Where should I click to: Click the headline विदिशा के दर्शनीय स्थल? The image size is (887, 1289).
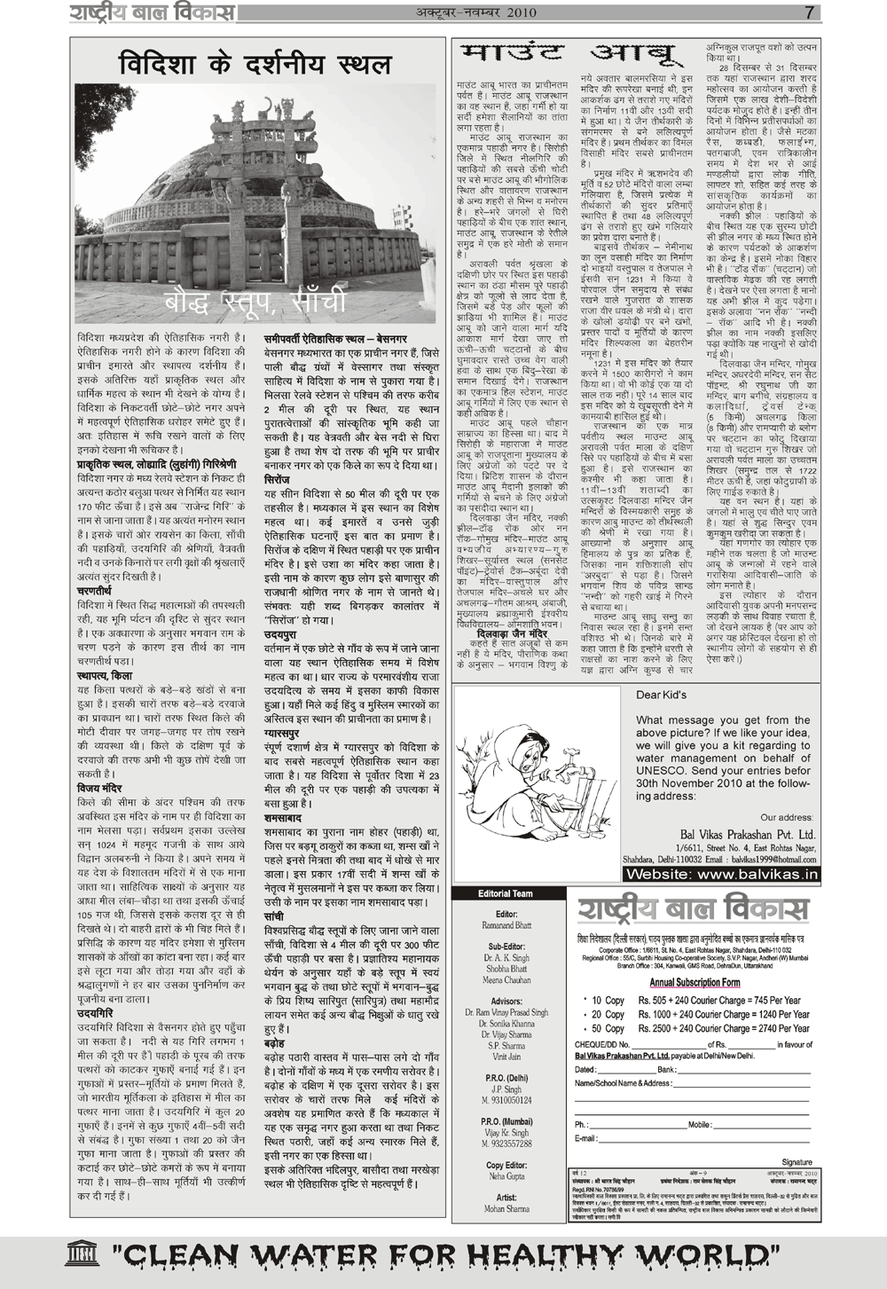click(255, 65)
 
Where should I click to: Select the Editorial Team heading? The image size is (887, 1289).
click(506, 893)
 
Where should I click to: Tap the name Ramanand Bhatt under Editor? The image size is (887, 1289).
click(506, 925)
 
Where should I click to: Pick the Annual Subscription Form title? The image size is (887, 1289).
click(695, 982)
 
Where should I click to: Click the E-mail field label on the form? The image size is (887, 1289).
click(586, 1138)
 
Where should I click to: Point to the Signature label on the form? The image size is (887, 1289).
click(797, 1161)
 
